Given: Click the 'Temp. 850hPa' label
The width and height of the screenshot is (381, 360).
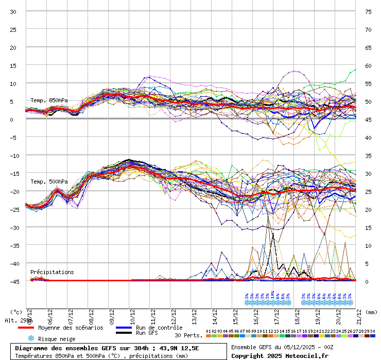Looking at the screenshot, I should pos(49,100).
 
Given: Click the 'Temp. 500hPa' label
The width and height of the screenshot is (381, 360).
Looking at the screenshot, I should pos(49,182).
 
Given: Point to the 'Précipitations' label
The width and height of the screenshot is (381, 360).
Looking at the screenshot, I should pos(52,272).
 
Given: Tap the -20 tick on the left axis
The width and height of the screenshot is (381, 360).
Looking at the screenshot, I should pos(13,191).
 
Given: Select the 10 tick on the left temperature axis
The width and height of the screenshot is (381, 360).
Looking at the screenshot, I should pos(13,83).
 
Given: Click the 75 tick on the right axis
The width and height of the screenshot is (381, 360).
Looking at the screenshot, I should pos(368,11).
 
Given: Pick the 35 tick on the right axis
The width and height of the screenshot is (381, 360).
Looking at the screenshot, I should pos(368,155).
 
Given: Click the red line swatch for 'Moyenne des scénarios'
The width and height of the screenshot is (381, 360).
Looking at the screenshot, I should pos(33,328).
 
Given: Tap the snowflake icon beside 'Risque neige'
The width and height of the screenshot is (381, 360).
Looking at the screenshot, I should pos(31,338).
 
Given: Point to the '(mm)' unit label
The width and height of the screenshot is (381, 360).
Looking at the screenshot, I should pos(372,312).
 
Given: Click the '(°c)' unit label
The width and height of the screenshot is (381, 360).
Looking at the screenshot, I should pos(16,312).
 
